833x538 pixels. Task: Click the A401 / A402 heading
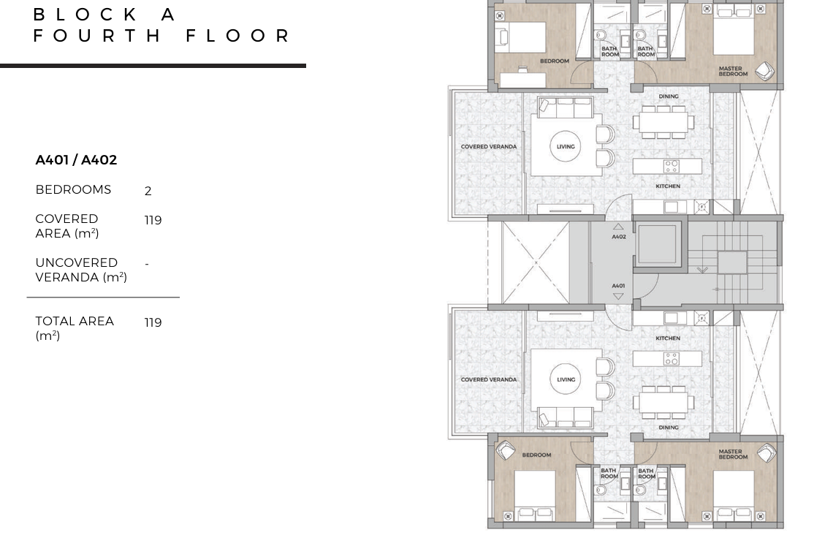pos(76,160)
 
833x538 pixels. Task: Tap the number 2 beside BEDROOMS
pos(148,191)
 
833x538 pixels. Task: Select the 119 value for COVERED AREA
pos(153,220)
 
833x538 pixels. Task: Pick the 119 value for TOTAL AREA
pos(153,322)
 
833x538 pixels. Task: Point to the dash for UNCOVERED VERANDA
pos(147,264)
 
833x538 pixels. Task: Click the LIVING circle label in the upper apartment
pos(566,147)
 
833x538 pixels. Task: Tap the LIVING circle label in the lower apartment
pos(566,379)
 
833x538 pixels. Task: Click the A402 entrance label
pos(618,237)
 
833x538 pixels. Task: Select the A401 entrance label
pos(618,286)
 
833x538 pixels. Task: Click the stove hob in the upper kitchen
pos(672,167)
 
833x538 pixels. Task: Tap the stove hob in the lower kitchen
pos(672,359)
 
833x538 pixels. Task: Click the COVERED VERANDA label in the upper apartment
pos(489,147)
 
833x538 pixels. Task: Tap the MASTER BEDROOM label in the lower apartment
pos(733,454)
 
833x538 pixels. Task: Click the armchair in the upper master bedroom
pos(764,71)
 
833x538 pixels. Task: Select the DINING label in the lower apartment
pos(669,428)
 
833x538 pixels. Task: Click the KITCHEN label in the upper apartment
pos(668,186)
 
